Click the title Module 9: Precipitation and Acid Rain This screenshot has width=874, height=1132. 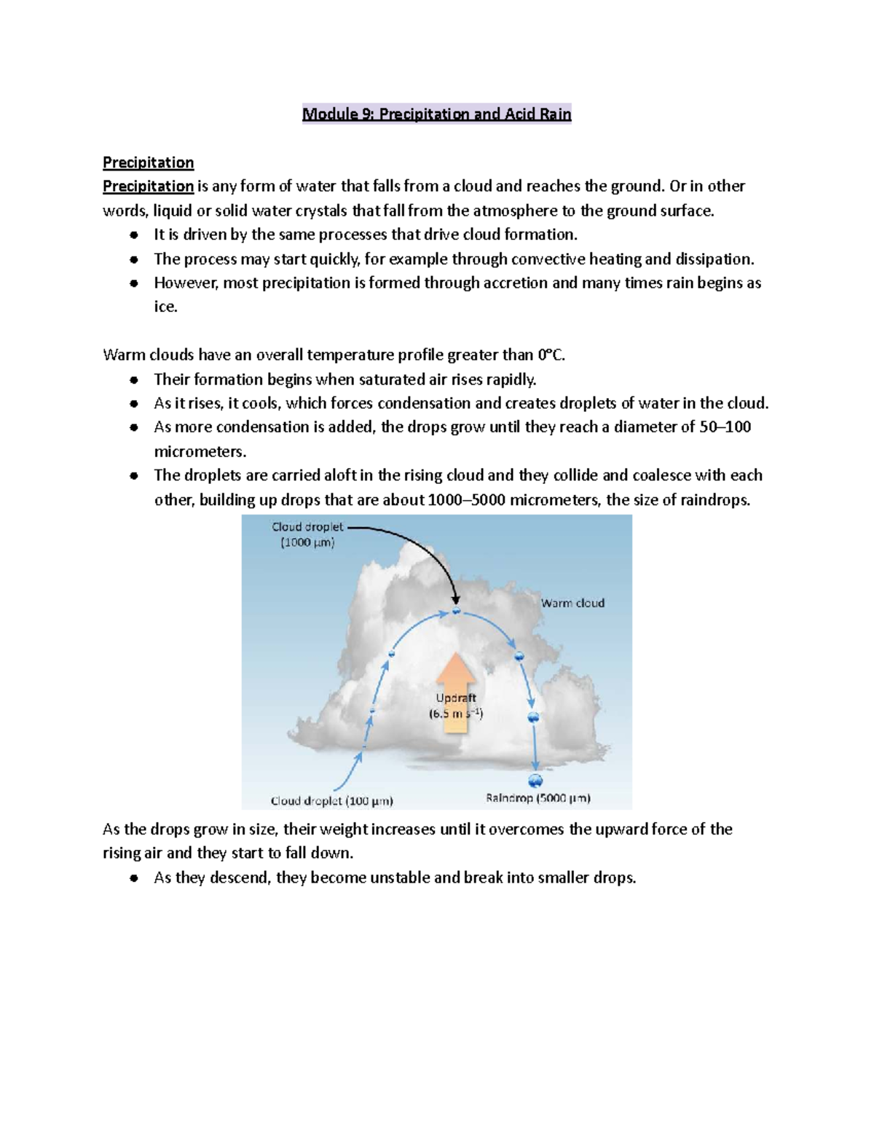point(436,114)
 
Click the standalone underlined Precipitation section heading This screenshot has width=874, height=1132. point(148,162)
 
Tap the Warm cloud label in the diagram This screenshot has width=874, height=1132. point(572,603)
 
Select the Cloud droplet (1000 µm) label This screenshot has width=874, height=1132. point(307,534)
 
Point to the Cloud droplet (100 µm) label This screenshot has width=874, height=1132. point(331,800)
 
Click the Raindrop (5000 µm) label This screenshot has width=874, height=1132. point(538,798)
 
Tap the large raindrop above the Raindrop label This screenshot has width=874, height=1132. point(535,781)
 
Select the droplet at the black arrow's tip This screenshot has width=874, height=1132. point(456,610)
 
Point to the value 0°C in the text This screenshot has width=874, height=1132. point(551,355)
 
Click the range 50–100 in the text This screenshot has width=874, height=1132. point(725,427)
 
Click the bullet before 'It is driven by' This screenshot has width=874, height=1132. point(133,235)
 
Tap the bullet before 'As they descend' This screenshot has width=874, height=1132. point(133,878)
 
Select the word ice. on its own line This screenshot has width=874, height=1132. point(165,307)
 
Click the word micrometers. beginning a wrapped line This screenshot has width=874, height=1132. point(200,451)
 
